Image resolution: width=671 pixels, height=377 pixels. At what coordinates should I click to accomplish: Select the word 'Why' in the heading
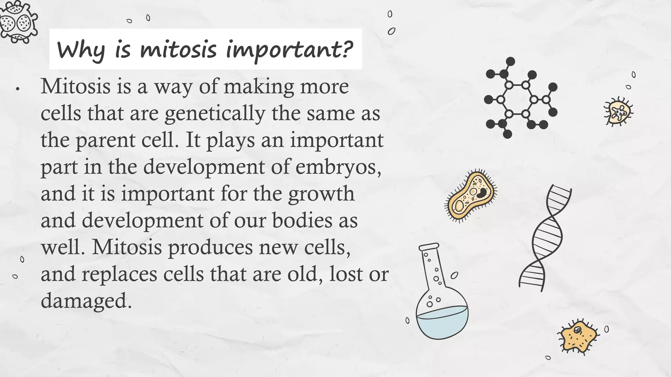(x=81, y=50)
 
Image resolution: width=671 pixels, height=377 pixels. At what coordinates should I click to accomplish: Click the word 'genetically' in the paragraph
(x=215, y=114)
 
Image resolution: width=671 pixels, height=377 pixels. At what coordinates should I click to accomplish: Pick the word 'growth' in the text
(x=321, y=194)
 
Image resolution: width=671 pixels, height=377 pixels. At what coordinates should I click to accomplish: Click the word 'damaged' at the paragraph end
(x=84, y=300)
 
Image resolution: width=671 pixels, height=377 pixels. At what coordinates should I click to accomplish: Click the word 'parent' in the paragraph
(x=105, y=140)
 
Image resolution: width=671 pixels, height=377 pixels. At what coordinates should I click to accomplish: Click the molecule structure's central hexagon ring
(x=517, y=99)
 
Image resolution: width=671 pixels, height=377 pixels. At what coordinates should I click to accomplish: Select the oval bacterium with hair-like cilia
(x=471, y=196)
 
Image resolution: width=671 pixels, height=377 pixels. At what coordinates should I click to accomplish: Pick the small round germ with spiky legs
(x=618, y=112)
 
